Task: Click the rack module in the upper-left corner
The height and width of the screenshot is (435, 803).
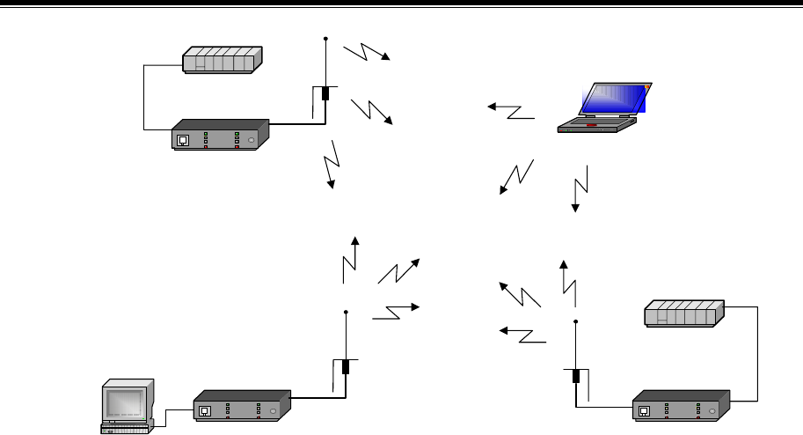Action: point(220,61)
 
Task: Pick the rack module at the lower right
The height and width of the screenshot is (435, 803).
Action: point(684,313)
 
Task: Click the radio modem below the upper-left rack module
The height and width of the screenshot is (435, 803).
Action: point(220,135)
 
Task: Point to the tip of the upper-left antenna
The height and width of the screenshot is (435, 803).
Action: point(325,39)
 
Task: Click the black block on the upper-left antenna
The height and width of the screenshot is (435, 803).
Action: point(325,93)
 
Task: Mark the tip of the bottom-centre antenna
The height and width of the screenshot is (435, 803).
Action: point(347,311)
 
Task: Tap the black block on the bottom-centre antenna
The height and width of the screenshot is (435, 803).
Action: point(347,367)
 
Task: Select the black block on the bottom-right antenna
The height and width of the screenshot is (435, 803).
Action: point(575,376)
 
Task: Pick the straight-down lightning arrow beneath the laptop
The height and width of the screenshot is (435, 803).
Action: point(578,188)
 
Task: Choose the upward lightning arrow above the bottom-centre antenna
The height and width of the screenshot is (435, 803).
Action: point(350,258)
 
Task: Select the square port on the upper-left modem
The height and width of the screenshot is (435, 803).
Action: point(182,139)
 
